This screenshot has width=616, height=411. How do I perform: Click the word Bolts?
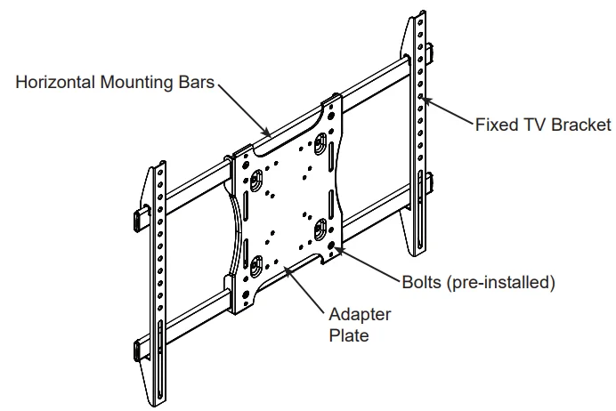tap(423, 283)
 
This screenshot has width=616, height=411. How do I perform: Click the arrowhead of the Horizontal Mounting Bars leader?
tap(268, 133)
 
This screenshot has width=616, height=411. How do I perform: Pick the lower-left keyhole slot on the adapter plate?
tap(256, 262)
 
